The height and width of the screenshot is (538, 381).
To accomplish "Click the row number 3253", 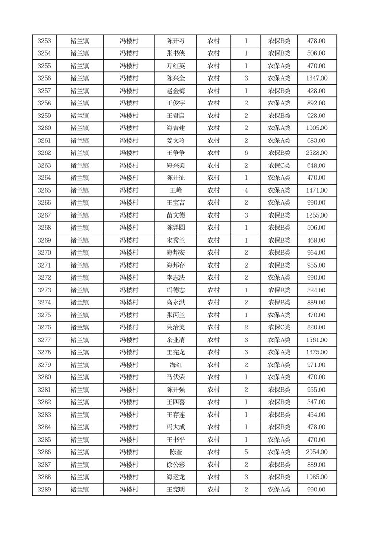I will click(x=44, y=41).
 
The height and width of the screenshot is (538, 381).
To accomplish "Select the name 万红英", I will click(x=175, y=66).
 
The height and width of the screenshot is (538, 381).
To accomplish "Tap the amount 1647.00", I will click(x=316, y=79).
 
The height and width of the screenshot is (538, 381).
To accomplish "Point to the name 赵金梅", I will click(x=175, y=91).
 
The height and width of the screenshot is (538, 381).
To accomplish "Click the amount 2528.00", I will click(x=316, y=153).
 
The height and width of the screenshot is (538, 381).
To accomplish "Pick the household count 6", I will click(x=246, y=153).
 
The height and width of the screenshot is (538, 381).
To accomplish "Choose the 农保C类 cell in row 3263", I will click(x=279, y=165).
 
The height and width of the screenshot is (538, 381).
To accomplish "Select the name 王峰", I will click(x=175, y=190).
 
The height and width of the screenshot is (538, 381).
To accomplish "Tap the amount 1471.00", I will click(x=316, y=190).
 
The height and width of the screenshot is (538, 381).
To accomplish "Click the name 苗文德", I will click(x=175, y=215).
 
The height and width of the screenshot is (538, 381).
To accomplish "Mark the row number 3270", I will click(x=44, y=253).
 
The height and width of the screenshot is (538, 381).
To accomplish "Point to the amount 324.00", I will click(x=316, y=290).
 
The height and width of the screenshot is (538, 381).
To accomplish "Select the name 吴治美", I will click(x=175, y=327).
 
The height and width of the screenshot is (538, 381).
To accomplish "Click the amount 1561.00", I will click(x=316, y=340).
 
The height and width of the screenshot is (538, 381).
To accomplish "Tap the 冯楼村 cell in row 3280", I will click(x=129, y=377).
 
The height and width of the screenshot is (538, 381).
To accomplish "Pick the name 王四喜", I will click(x=175, y=402).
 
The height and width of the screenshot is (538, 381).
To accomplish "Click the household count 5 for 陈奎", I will click(x=246, y=452).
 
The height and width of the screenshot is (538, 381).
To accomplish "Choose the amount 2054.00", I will click(x=316, y=452).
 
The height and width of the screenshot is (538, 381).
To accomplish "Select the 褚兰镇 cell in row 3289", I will click(x=80, y=490).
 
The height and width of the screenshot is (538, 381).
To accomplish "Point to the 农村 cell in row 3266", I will click(x=213, y=203).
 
